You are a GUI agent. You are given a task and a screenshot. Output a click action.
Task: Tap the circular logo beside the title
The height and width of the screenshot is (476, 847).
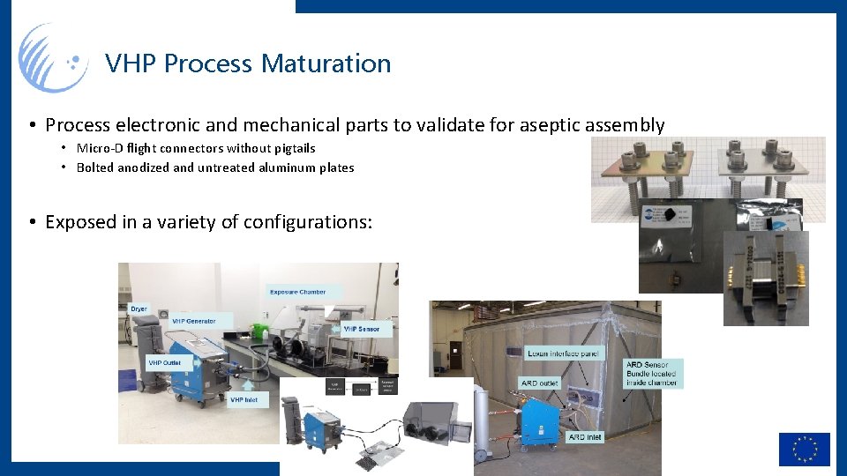pos(54,59)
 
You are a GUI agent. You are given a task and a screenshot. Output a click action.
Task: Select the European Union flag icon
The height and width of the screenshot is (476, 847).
pos(804,449)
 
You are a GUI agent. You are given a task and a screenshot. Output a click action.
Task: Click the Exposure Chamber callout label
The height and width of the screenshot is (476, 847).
pos(297,292)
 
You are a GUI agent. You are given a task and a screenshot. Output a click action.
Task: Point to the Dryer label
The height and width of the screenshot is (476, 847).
pos(139,309)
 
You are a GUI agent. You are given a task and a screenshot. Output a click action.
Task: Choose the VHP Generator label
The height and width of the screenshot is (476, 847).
pos(193,321)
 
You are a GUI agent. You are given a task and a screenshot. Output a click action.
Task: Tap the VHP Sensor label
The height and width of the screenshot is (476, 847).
pos(362,329)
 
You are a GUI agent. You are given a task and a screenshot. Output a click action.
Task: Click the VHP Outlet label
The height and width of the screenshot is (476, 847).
pos(165,362)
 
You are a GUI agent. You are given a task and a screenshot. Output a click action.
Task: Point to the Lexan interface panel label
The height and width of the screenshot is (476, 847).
pos(564,353)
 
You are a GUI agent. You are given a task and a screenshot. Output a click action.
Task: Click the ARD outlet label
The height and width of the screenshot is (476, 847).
pos(541,383)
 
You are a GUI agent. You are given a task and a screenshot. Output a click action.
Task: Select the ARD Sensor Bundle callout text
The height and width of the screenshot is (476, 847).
pos(650,374)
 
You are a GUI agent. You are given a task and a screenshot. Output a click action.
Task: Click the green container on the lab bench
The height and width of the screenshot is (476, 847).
pos(259,331)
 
